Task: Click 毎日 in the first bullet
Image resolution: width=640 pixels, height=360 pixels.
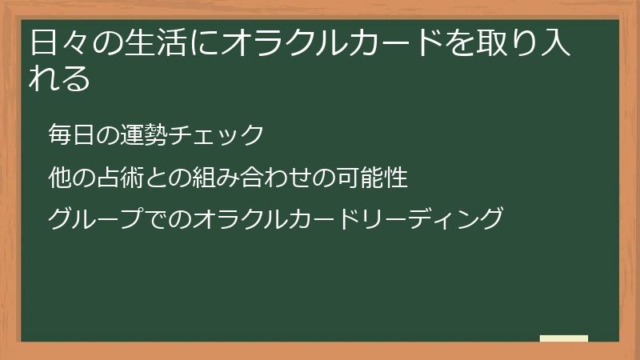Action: point(70,134)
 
